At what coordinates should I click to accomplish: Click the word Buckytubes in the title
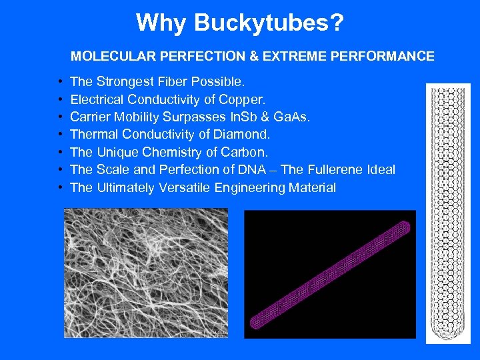(x=269, y=23)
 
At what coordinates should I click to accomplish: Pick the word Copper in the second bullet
(x=247, y=100)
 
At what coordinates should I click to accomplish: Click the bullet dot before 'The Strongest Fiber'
(x=60, y=82)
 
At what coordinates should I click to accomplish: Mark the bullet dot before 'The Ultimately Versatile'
(x=60, y=187)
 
